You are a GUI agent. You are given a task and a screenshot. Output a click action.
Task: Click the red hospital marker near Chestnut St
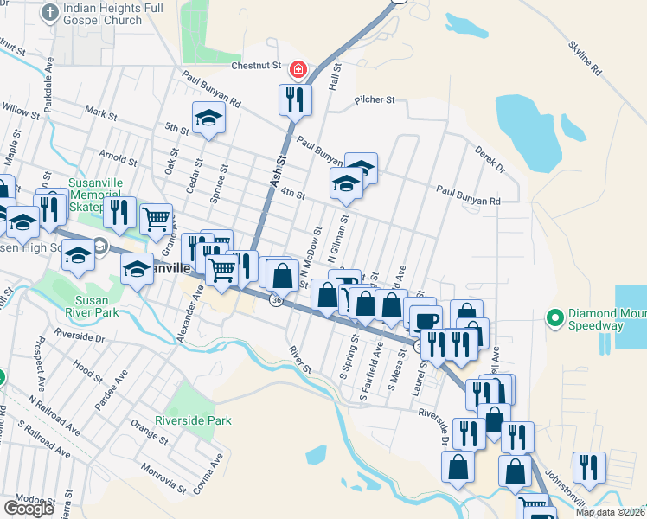click(x=298, y=67)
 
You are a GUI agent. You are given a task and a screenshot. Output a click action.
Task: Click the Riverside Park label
click(x=193, y=420)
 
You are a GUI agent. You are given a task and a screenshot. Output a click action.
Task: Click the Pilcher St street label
click(x=374, y=100)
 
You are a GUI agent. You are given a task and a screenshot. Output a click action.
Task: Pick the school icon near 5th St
click(x=208, y=119)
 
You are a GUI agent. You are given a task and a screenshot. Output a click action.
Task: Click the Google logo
click(x=29, y=508)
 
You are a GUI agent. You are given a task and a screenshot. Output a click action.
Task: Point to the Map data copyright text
click(x=609, y=512)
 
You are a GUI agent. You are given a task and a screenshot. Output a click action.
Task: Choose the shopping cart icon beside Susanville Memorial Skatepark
click(x=157, y=219)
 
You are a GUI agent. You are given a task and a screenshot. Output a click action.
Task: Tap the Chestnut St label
click(x=257, y=65)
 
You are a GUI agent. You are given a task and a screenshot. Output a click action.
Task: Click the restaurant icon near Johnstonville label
click(x=589, y=466)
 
